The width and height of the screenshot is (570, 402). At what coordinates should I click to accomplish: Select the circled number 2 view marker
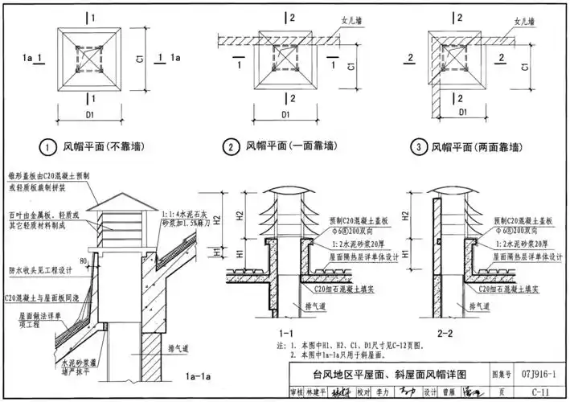click(x=232, y=146)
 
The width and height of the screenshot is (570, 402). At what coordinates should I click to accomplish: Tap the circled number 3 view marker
click(x=419, y=146)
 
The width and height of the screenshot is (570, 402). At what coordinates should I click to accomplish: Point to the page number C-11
click(x=540, y=392)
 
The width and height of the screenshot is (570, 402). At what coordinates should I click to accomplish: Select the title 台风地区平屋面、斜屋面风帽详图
click(x=386, y=374)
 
